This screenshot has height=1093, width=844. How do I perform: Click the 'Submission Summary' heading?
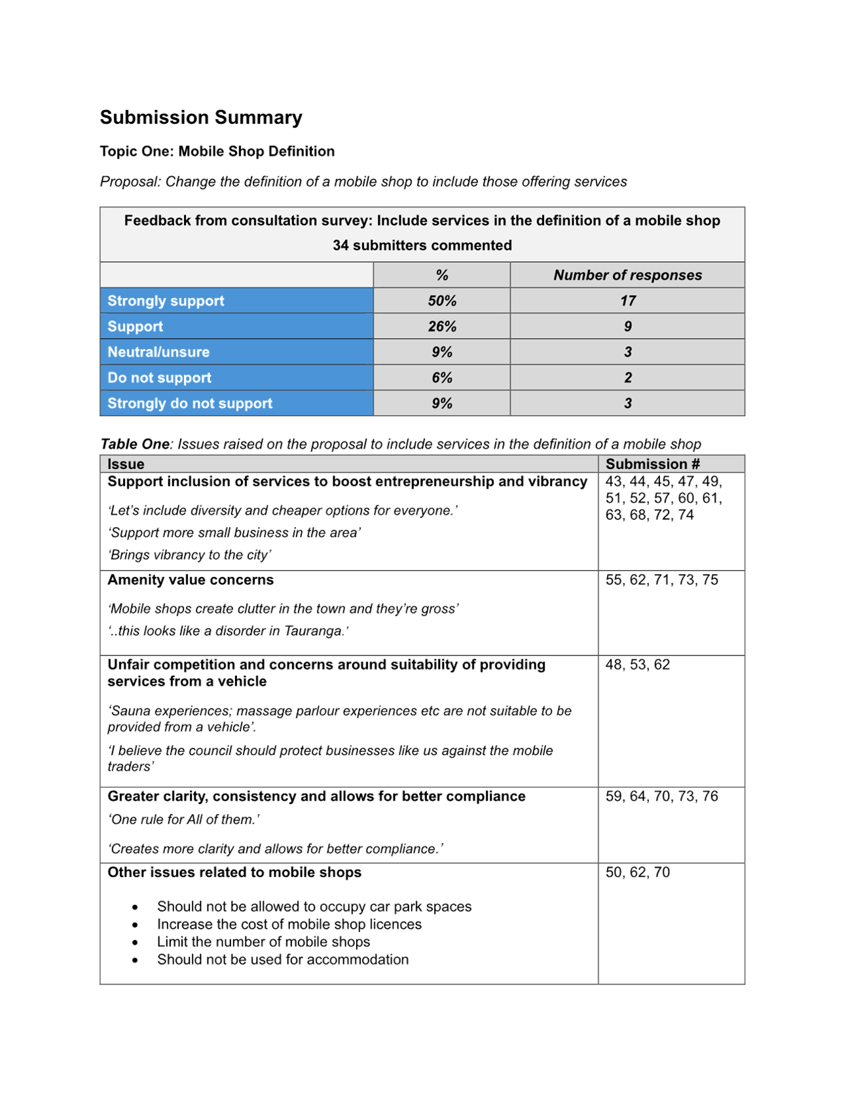[200, 117]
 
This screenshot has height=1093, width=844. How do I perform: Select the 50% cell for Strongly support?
[442, 301]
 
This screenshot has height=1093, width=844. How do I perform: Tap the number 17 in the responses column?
[627, 301]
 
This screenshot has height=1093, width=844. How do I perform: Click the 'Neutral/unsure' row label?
[158, 352]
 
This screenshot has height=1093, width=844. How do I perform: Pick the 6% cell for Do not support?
[442, 378]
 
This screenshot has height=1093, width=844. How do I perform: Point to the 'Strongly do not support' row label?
[190, 403]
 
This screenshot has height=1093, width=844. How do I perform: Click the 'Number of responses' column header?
[627, 275]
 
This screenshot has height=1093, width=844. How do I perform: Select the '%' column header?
[442, 275]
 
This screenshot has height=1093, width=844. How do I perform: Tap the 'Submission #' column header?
[652, 464]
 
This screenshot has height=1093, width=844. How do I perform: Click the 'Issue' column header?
[126, 464]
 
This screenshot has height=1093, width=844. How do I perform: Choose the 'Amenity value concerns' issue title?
[191, 580]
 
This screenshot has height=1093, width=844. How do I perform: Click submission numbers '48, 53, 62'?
[637, 664]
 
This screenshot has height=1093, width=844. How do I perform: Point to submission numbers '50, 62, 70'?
[637, 872]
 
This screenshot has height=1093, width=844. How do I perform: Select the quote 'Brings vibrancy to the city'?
[190, 555]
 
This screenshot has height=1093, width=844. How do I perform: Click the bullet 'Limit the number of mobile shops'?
[263, 942]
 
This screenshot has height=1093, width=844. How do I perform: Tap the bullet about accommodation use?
[282, 959]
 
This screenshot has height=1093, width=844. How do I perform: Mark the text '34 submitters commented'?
[422, 246]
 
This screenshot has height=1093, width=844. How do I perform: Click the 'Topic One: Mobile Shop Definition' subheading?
[217, 151]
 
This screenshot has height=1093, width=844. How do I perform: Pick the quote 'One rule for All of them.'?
[184, 819]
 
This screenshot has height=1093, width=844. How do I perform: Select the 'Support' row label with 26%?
[135, 326]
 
